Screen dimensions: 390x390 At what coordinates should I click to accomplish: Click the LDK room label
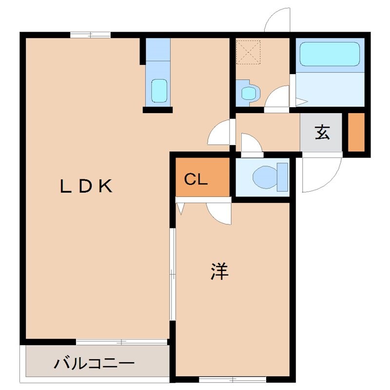[87, 186]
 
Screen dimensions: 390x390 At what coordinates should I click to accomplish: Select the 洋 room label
[219, 272]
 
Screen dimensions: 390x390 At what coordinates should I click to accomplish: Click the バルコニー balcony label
[94, 364]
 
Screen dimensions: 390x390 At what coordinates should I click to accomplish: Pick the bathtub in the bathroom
[329, 54]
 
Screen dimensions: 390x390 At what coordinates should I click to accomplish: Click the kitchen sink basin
[159, 91]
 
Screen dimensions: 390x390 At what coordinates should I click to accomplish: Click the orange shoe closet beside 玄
[356, 132]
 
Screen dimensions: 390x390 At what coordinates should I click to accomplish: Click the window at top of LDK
[90, 34]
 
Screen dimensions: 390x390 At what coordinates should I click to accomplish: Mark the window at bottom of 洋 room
[233, 379]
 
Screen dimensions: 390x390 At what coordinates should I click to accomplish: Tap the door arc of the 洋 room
[219, 214]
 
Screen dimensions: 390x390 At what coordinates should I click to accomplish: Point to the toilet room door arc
[251, 144]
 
